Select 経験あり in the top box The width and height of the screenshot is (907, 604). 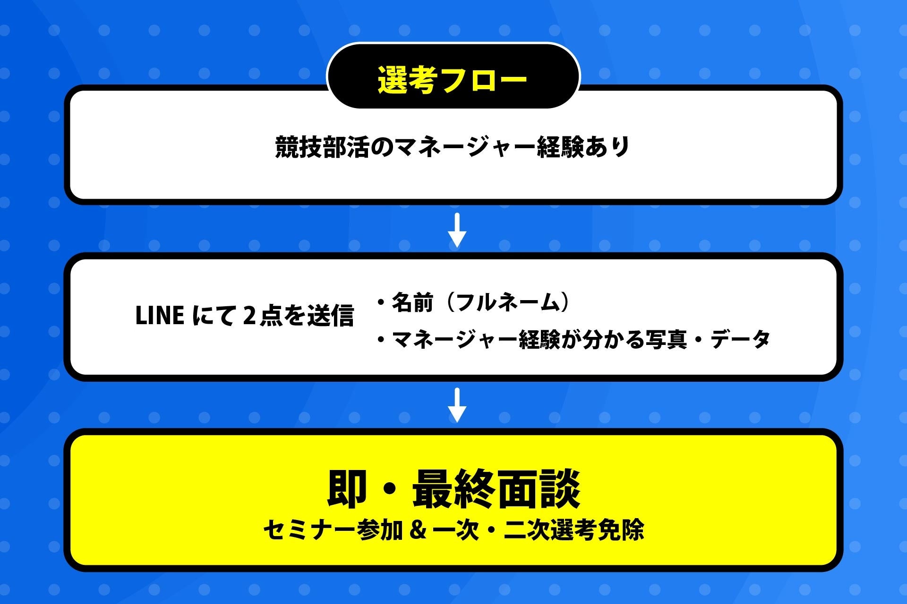tap(583, 147)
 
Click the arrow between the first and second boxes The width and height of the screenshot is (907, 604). tap(457, 230)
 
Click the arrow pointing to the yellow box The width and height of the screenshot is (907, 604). tap(457, 405)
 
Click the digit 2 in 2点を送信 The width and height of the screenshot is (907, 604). tap(249, 316)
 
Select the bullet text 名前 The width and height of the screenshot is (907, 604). tap(412, 302)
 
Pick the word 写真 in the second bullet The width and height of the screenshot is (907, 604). tap(666, 339)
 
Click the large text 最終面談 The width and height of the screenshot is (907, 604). tap(496, 489)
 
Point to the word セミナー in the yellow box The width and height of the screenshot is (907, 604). tap(308, 530)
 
